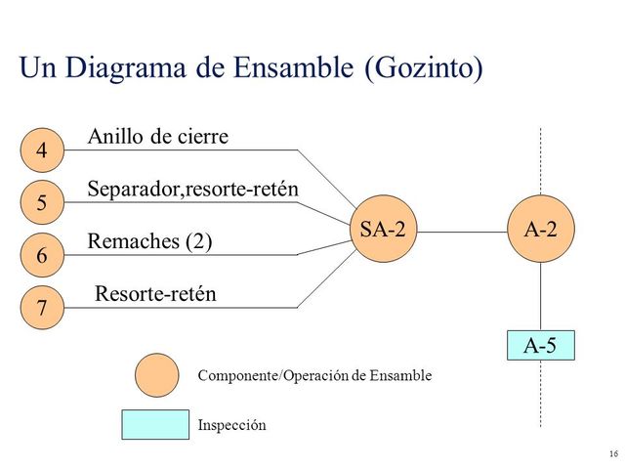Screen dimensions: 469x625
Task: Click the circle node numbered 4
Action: point(41,150)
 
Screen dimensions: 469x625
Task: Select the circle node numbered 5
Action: point(41,203)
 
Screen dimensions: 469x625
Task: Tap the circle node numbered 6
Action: point(41,256)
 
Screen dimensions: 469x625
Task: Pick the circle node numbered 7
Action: point(41,309)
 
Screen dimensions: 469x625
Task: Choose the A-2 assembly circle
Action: point(540,231)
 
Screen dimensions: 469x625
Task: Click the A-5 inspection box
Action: point(540,345)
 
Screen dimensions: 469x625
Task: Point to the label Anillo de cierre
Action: point(158,137)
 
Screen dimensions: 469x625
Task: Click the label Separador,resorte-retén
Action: point(192,189)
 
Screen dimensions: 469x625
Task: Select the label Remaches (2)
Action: point(149,241)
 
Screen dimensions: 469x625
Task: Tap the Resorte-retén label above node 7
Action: point(155,293)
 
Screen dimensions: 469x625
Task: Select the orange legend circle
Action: point(156,375)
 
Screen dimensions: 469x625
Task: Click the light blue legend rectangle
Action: point(154,425)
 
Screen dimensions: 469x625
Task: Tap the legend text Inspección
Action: point(231,426)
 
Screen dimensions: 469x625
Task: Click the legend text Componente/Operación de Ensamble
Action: point(313,375)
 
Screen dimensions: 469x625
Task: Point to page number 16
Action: point(612,454)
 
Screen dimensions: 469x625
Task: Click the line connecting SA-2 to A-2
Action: point(461,233)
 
